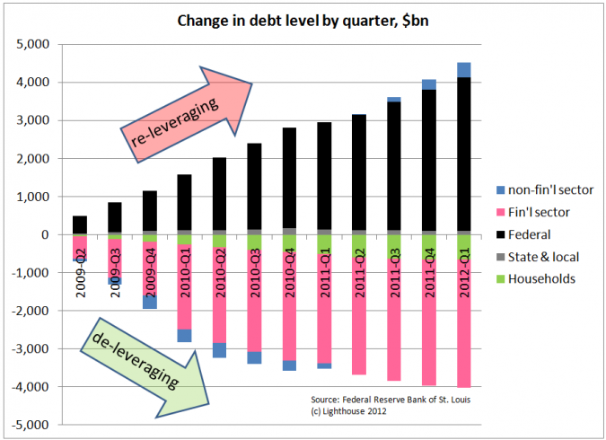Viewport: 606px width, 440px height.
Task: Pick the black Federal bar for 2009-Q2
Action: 80,224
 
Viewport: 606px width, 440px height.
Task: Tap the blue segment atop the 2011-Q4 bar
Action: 430,84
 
